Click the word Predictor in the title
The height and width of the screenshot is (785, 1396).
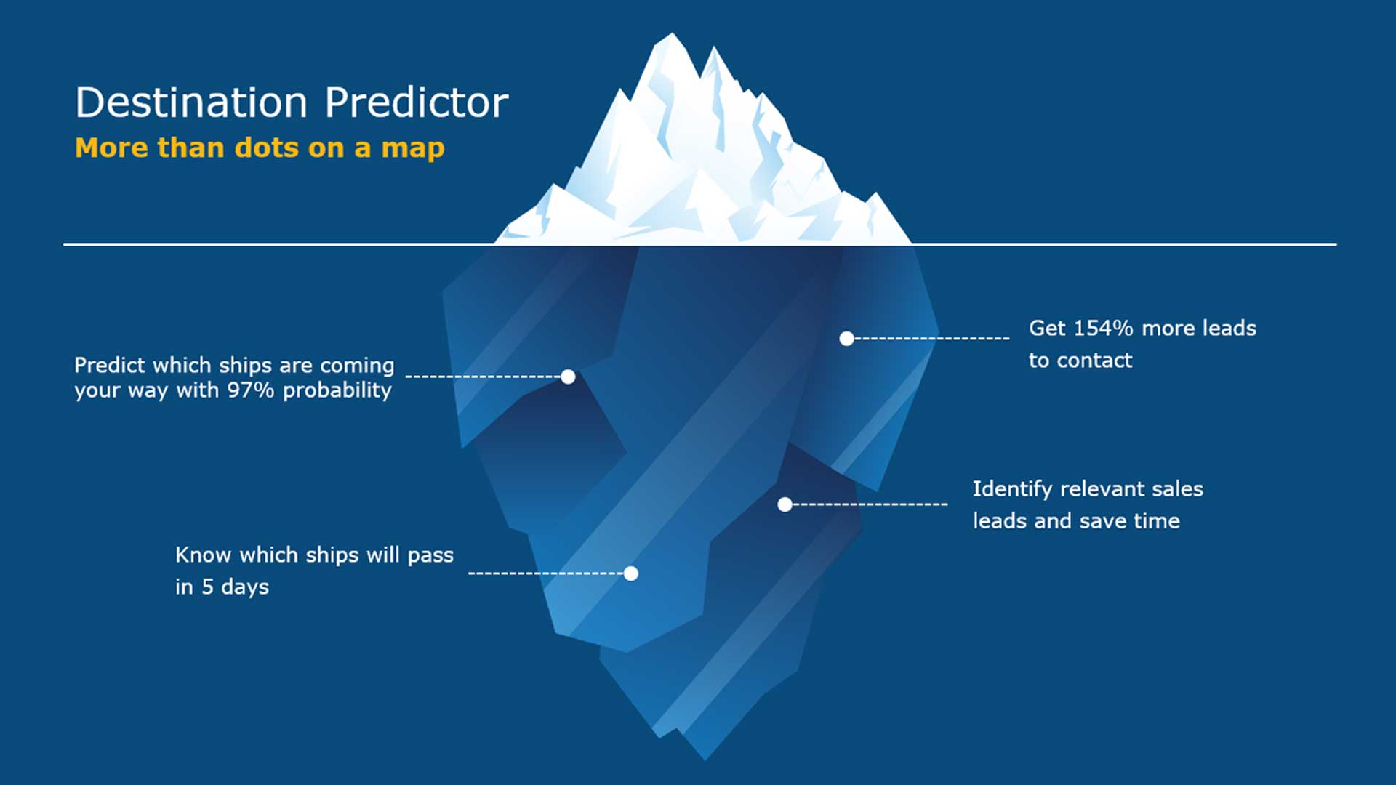tap(417, 102)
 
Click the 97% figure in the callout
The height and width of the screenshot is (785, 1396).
tap(251, 390)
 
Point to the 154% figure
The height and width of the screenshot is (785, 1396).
tap(1104, 328)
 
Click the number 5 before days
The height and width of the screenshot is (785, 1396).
tap(207, 587)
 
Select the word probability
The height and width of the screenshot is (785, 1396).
tap(337, 392)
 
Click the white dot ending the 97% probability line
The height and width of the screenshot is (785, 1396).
tap(569, 377)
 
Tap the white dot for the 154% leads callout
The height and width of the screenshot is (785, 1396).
tap(846, 339)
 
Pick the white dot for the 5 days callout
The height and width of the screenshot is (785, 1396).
tap(631, 573)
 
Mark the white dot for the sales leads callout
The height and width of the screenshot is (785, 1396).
tap(785, 504)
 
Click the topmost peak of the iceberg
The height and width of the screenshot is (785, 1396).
tap(672, 33)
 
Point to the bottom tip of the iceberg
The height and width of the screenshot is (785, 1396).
tap(705, 759)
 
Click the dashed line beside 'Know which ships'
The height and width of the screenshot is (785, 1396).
tap(546, 573)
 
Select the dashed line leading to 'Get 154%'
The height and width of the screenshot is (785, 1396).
tap(931, 339)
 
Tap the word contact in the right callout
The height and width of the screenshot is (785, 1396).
tap(1094, 361)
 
